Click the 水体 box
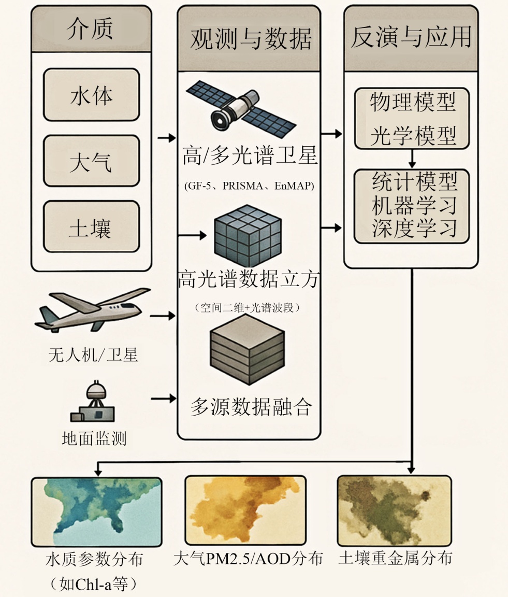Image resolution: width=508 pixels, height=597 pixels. point(91,95)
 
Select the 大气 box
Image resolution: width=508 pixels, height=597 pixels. point(91,161)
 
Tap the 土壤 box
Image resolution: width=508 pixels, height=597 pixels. point(91,227)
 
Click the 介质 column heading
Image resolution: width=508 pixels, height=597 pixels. point(91,30)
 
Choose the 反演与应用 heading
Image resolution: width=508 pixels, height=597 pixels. point(411,38)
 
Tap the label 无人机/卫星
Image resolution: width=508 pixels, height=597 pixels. point(93,355)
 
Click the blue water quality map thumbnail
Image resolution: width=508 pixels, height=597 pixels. point(96,511)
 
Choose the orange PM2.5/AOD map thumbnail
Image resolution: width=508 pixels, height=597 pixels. point(245,510)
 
